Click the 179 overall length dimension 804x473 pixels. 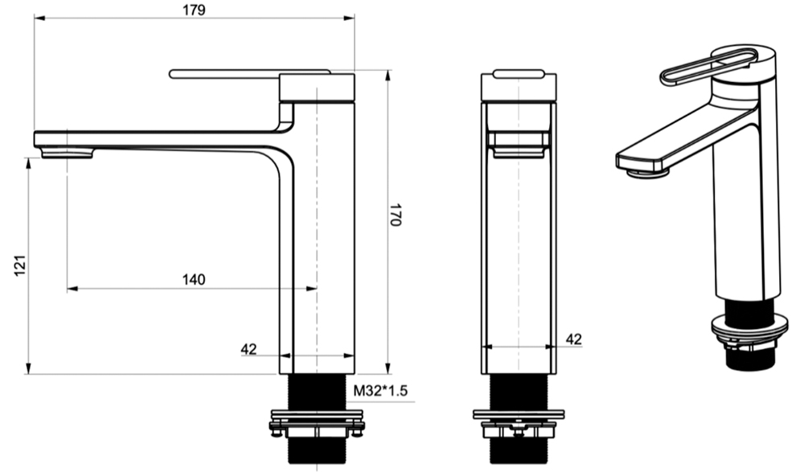(194, 10)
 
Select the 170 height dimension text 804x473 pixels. (396, 216)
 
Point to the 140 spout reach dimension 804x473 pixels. (193, 279)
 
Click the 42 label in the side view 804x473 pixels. (248, 348)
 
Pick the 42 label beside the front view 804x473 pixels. (573, 339)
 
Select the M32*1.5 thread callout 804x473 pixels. (381, 391)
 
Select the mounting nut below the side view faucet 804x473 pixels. (317, 422)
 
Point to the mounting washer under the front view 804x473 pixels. (518, 415)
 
